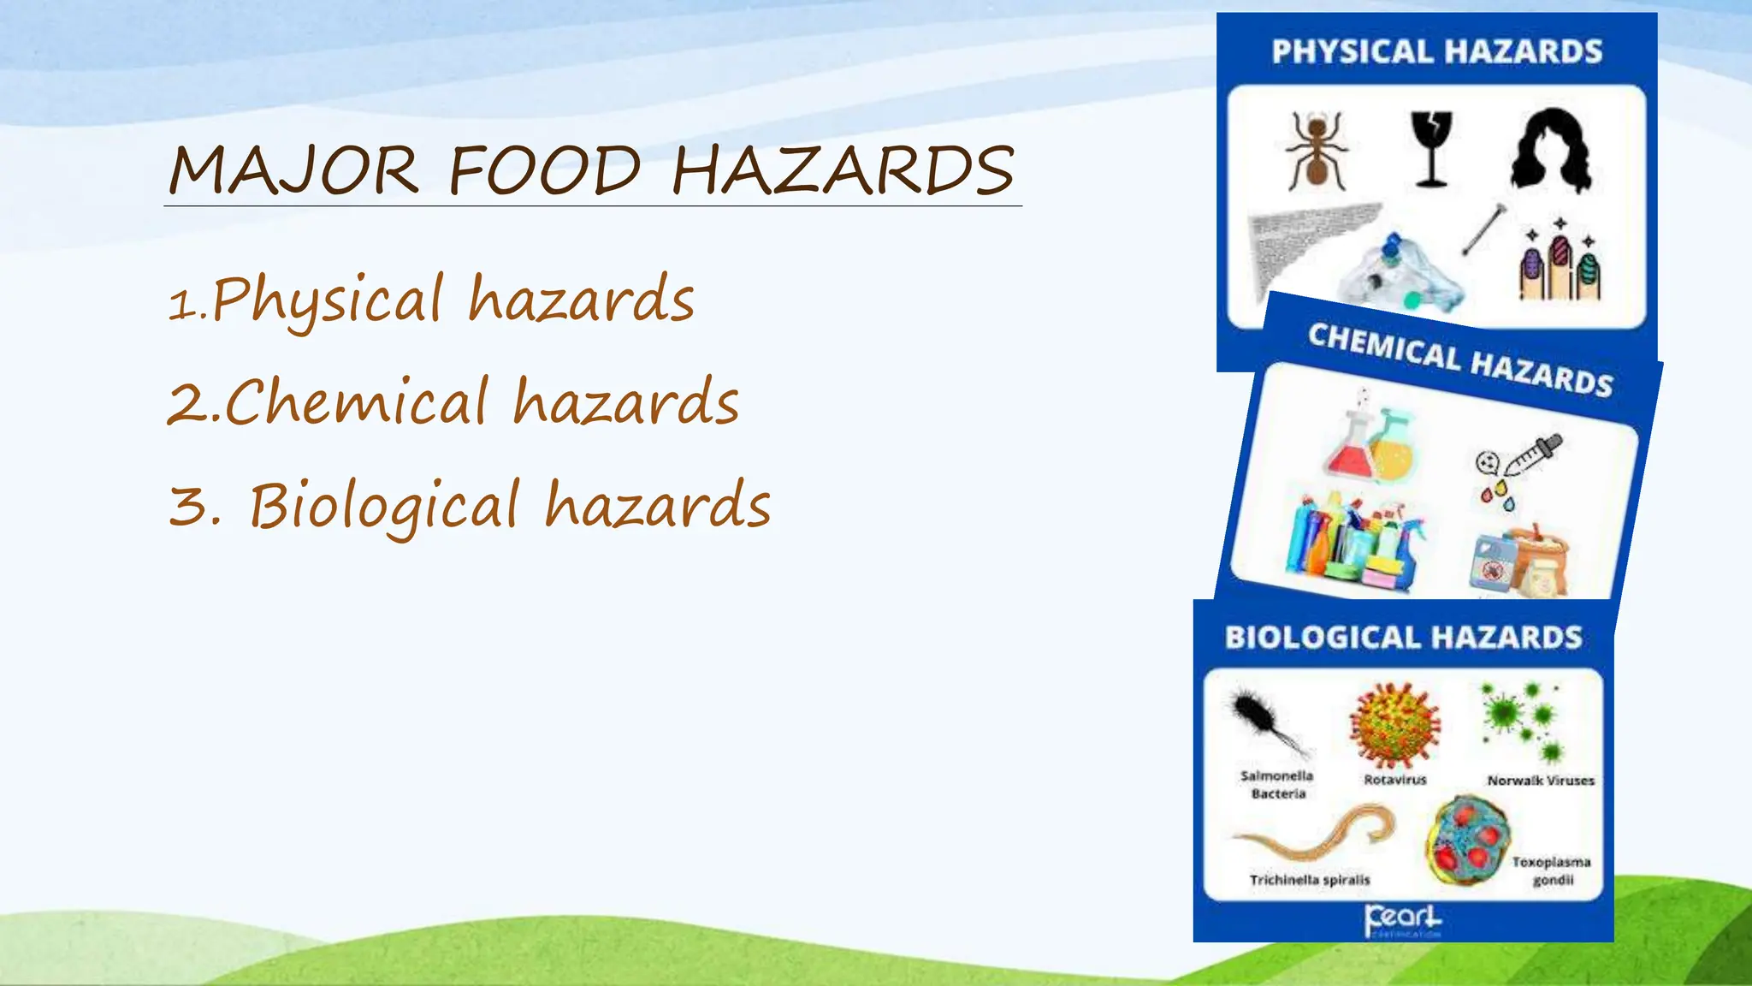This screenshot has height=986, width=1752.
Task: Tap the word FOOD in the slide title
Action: coord(544,170)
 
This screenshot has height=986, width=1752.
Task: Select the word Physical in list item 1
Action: coord(325,300)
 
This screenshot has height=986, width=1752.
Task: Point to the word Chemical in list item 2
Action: coord(356,402)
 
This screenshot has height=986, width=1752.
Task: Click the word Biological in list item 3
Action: coord(384,506)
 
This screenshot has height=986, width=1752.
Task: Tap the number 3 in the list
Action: coord(188,505)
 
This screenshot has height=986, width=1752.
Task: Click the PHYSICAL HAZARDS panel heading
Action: coord(1436,52)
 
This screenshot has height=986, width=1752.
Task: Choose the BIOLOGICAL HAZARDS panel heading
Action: coord(1403,638)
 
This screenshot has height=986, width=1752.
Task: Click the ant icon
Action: coord(1317,151)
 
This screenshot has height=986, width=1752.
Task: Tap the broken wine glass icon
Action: coord(1431,149)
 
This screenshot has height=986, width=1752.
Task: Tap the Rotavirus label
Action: coord(1394,780)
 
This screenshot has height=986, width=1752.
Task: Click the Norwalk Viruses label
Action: coord(1541,781)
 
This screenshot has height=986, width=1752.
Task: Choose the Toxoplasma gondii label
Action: coord(1551,870)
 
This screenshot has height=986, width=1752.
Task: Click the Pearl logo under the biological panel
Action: coord(1403,920)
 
